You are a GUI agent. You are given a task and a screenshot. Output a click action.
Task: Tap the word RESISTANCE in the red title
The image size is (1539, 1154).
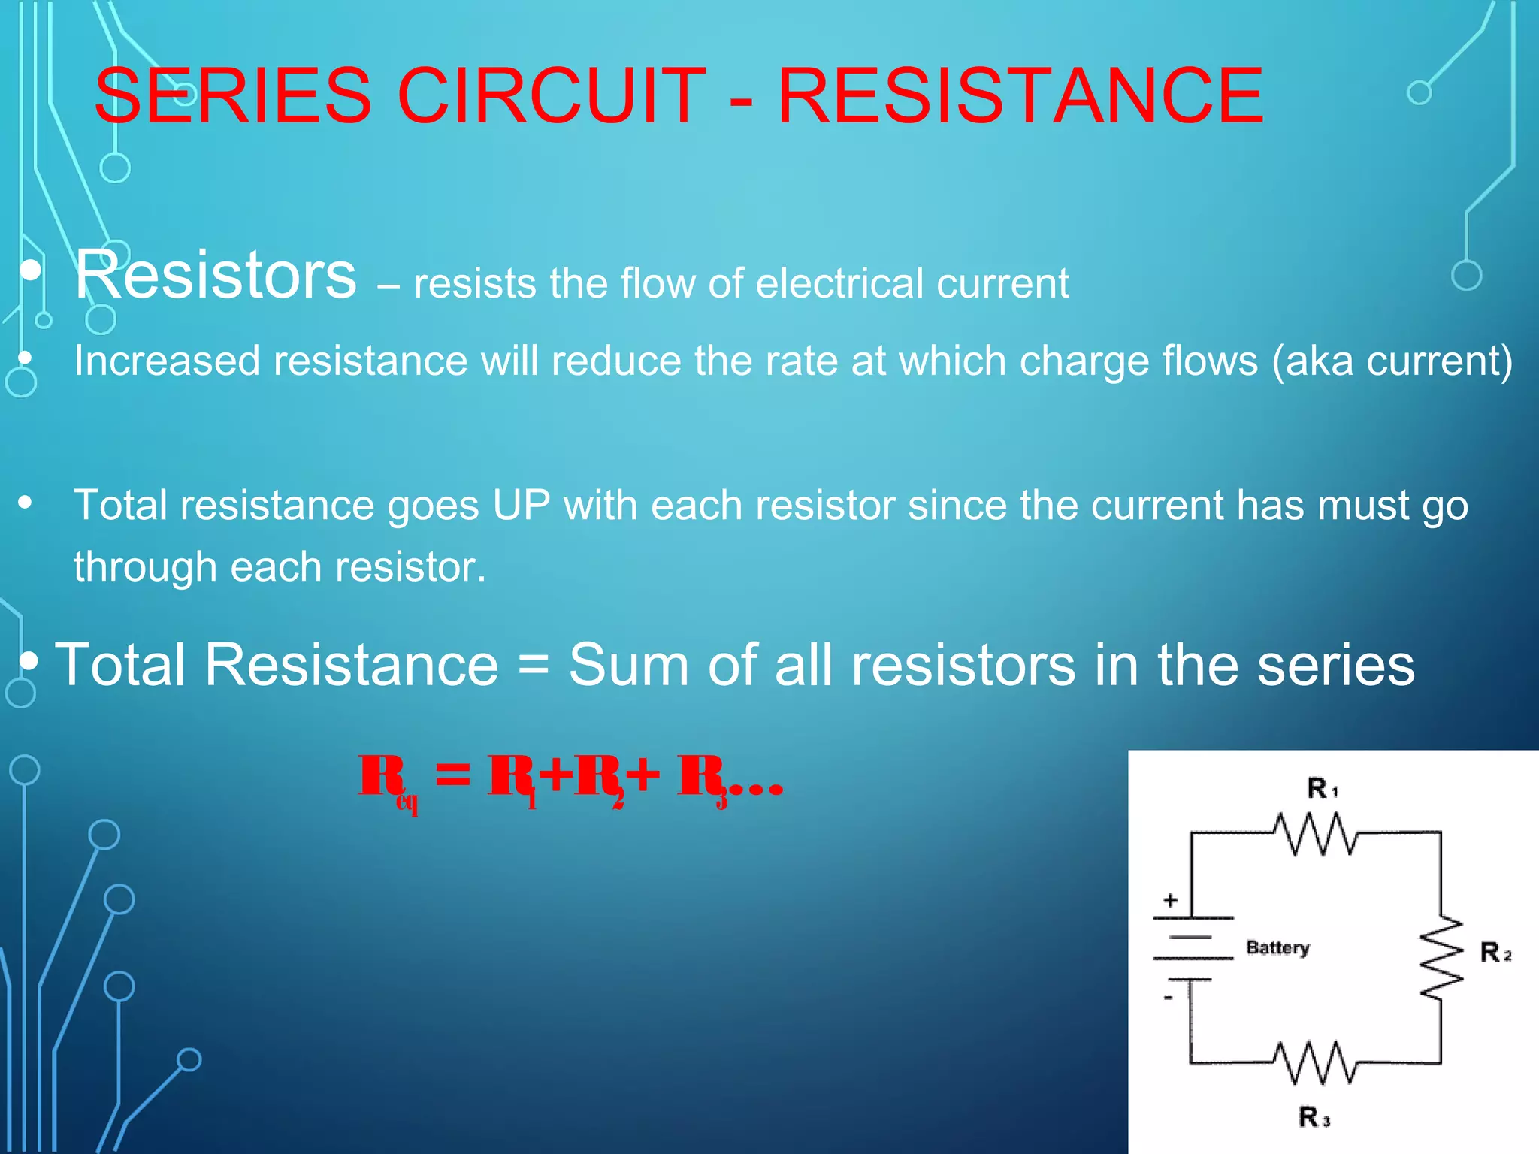(1020, 96)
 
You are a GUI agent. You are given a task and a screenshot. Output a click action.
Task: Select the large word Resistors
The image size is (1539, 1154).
(216, 275)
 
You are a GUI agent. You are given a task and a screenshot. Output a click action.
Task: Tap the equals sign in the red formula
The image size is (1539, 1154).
(453, 775)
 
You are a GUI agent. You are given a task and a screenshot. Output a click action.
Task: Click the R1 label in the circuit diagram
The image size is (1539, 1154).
(1322, 789)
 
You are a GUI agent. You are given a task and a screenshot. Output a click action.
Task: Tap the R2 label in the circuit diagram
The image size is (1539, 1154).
(1495, 953)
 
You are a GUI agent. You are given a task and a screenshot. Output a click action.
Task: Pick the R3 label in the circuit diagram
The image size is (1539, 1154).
(1314, 1117)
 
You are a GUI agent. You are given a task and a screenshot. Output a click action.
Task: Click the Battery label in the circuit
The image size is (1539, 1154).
(1277, 947)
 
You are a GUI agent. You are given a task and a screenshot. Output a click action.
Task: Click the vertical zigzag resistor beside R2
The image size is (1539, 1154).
(1441, 957)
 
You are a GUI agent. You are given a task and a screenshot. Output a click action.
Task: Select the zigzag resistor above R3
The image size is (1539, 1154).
(1315, 1062)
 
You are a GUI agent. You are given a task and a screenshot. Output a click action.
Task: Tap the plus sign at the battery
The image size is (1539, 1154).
(1170, 900)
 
